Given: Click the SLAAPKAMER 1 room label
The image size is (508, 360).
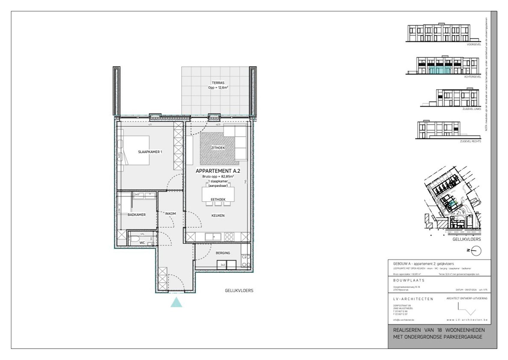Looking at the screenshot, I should pos(150,152).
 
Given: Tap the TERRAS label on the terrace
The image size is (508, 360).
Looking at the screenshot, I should pos(218,83).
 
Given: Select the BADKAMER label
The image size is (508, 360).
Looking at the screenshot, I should pos(136,214).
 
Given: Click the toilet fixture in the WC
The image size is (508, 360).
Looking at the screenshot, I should pos(135,240).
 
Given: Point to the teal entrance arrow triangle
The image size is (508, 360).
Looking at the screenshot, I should pos(177,302).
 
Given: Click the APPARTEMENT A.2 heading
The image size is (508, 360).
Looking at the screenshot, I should pos(218,171).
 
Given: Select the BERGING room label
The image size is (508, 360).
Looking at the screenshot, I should pos(223,253).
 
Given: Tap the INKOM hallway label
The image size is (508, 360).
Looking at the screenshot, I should pos(170,214).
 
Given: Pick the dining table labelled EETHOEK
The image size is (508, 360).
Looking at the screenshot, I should pos(218,194).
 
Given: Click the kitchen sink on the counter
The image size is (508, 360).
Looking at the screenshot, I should pos(213,237).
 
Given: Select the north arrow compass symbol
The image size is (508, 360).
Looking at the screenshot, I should pos(476,251).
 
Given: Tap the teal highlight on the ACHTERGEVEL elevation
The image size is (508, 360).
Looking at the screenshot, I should pos(440,71).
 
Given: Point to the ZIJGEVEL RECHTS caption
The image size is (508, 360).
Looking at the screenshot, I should pos(470,141).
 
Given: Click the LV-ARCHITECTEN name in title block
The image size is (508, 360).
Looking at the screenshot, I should pos(413,299).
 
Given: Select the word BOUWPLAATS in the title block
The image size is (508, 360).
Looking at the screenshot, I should pos(409,280).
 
